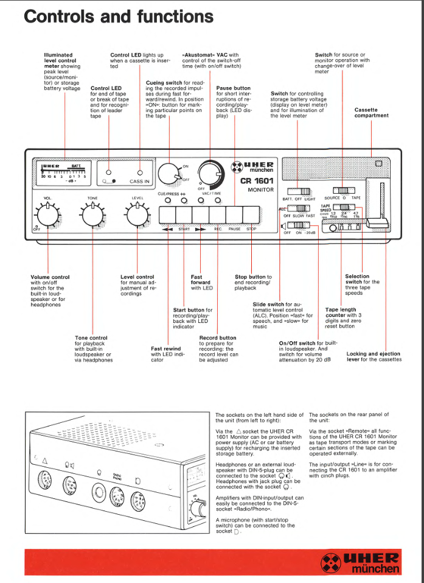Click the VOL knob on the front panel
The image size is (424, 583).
tap(47, 213)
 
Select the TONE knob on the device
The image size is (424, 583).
tap(92, 213)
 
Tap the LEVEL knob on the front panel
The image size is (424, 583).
tap(137, 213)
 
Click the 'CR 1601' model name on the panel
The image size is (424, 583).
tap(257, 181)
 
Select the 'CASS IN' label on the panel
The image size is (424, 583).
tap(139, 181)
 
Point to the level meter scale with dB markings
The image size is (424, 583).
tap(63, 172)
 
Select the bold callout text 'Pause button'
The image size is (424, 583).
tap(233, 88)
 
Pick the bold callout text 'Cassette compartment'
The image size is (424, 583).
tap(371, 113)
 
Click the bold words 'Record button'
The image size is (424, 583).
tap(217, 337)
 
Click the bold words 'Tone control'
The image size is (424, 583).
tap(91, 337)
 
